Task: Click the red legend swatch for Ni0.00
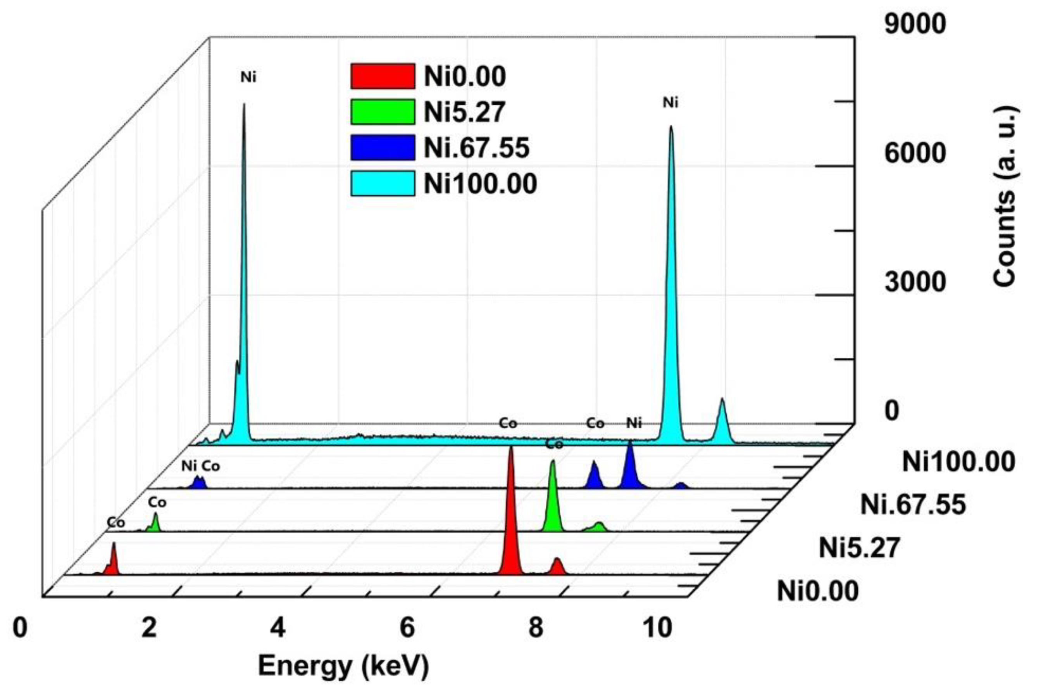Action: pos(383,76)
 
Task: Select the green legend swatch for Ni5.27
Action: pos(383,111)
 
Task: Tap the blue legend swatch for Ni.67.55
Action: pos(383,147)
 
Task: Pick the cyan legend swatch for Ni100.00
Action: pos(383,183)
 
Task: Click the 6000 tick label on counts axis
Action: pos(915,153)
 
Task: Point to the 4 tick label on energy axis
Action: pos(278,628)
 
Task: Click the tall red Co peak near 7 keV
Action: pos(511,522)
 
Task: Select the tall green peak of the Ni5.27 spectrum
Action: pos(552,500)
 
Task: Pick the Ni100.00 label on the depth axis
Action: pos(958,463)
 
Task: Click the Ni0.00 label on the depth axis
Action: pos(817,591)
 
